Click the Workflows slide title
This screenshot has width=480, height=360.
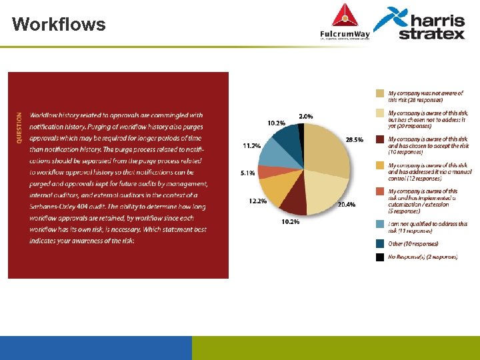click(x=59, y=25)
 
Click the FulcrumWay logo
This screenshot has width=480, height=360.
click(x=344, y=23)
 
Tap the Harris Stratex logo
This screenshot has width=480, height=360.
click(x=420, y=23)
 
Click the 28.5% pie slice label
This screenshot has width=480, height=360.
click(x=354, y=140)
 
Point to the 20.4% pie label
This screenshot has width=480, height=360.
click(x=345, y=205)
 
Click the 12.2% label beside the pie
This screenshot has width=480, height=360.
click(x=257, y=201)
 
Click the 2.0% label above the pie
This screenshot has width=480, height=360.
click(x=306, y=116)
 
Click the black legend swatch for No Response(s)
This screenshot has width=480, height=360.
click(x=379, y=257)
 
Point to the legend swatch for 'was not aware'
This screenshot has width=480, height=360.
click(x=379, y=93)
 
